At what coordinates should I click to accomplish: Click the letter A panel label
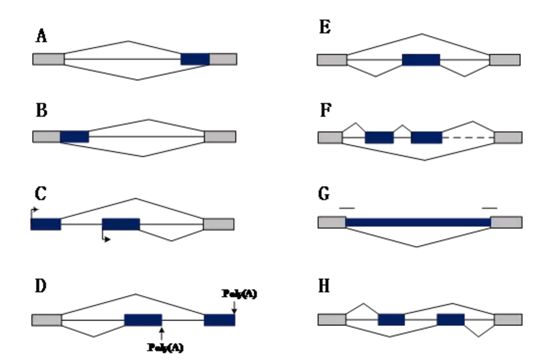[x=41, y=37]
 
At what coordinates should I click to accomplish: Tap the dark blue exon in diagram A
[x=195, y=59]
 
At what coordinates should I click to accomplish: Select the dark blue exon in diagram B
[x=75, y=137]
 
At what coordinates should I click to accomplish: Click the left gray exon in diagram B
[x=46, y=137]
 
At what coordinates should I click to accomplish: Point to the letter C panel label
[x=41, y=195]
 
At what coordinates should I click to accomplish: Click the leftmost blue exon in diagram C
[x=46, y=224]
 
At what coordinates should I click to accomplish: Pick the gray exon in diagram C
[x=218, y=224]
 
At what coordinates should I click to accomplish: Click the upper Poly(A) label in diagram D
[x=240, y=294]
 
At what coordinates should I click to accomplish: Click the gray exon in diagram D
[x=46, y=319]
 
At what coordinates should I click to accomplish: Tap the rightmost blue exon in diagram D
[x=219, y=319]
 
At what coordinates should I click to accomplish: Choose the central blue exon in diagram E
[x=421, y=59]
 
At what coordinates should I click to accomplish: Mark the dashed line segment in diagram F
[x=468, y=137]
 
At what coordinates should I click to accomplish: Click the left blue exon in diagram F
[x=379, y=137]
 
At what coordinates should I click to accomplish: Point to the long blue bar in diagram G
[x=418, y=222]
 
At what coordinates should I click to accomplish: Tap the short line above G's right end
[x=490, y=208]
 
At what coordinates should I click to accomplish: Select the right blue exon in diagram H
[x=450, y=319]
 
